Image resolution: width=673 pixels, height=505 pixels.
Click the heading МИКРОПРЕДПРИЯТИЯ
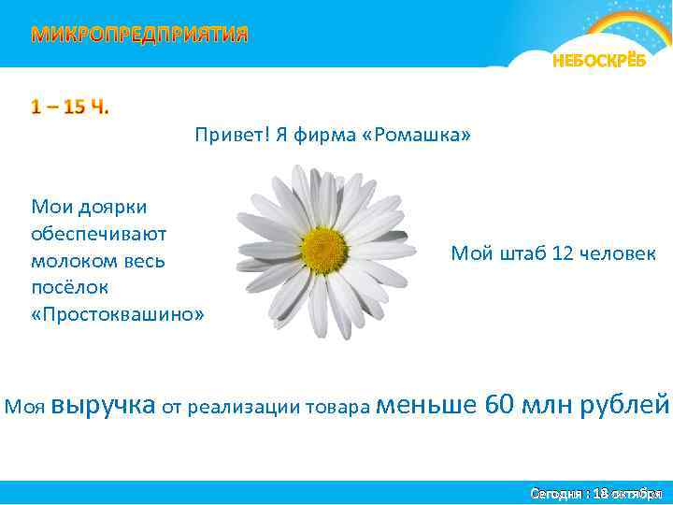point(140,36)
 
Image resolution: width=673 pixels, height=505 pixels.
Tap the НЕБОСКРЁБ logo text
point(598,62)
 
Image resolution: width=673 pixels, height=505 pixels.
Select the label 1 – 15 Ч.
point(70,107)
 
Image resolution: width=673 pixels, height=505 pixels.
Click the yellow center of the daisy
point(323,250)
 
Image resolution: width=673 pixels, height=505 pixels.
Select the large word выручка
point(104,405)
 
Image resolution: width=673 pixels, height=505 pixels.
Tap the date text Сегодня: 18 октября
point(595,492)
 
